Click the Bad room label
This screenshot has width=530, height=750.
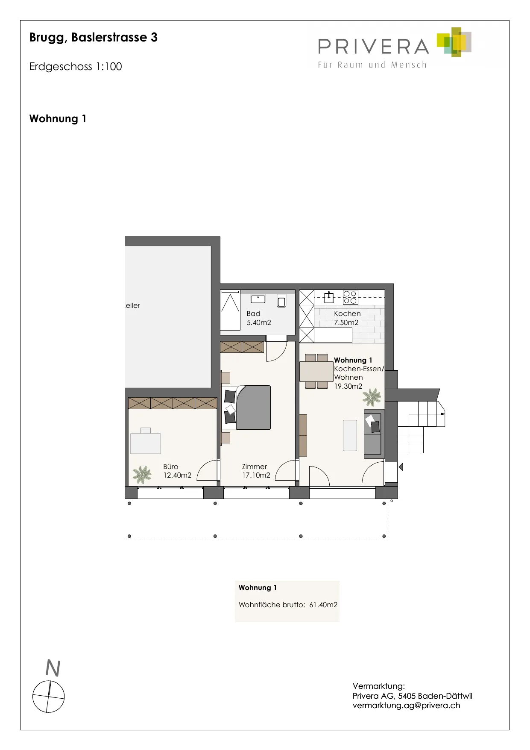coord(253,313)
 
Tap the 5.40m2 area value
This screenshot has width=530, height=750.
coord(259,323)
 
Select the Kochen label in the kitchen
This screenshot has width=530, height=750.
coord(347,313)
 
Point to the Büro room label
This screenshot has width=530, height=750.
coord(170,467)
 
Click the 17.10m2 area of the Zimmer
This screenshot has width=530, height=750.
coord(256,475)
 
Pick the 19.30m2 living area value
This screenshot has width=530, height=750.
coord(348,386)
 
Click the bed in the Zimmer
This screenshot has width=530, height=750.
coord(253,407)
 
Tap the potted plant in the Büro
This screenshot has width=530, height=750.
coord(142,474)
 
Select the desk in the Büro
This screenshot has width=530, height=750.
coord(146,443)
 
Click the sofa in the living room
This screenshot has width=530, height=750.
coord(373,434)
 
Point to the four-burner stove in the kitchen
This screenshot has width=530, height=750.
coord(350,297)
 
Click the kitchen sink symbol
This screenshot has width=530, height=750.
coord(329,297)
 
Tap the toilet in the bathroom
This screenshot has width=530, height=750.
coord(281,301)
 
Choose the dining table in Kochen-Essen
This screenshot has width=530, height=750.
coord(316,372)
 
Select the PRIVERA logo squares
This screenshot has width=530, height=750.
coord(454,42)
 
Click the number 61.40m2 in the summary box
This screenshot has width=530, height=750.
coord(323,605)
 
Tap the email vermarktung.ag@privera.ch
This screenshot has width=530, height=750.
coord(407,706)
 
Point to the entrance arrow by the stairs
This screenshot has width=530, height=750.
coord(401,467)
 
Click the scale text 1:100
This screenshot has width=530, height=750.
coord(109,67)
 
